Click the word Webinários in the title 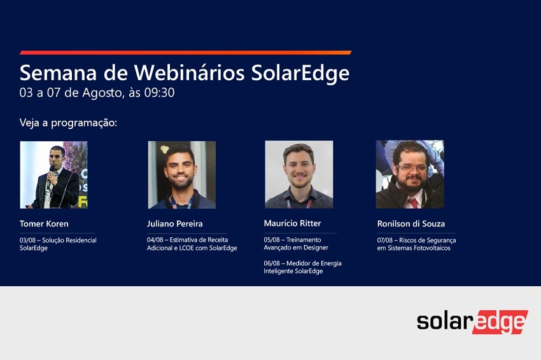tap(190, 73)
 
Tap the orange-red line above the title tap(186, 53)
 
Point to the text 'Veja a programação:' tap(68, 123)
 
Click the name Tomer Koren tap(44, 224)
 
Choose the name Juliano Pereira tap(174, 224)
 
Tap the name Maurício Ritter tap(292, 223)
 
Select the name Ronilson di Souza tap(411, 224)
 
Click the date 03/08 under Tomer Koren tap(27, 240)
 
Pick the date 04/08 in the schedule tap(155, 240)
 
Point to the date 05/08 tap(272, 240)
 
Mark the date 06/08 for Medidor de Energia tap(272, 263)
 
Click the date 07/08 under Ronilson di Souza tap(384, 240)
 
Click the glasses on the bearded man tap(412, 167)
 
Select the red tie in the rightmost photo tap(413, 203)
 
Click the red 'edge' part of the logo tap(500, 322)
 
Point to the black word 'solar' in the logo tap(444, 321)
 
